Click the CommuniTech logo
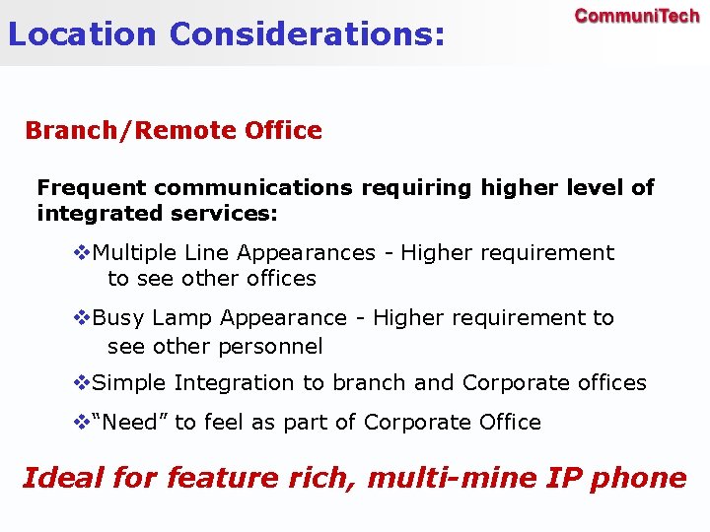(x=637, y=17)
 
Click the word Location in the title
(x=82, y=34)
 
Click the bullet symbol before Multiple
(x=83, y=253)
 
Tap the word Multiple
(x=133, y=253)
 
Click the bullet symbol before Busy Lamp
(x=83, y=318)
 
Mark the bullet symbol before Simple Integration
(x=83, y=382)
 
